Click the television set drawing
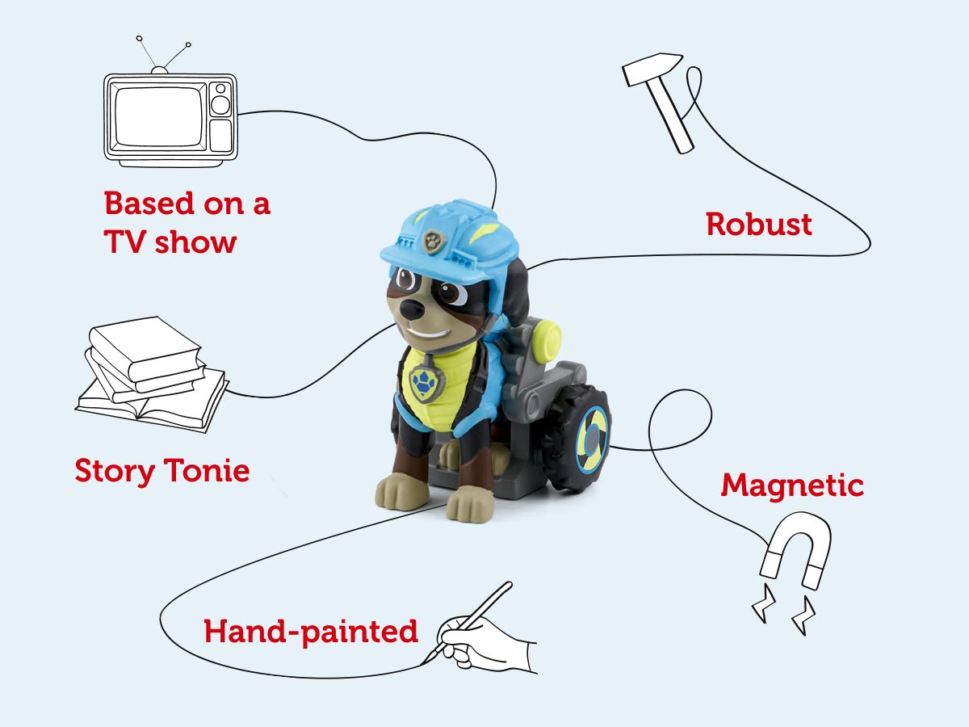click(170, 120)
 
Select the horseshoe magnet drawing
click(795, 549)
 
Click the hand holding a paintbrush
click(484, 634)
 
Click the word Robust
click(758, 224)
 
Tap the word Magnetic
click(792, 485)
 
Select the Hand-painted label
click(311, 632)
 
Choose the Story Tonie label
click(161, 470)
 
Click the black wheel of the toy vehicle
click(576, 437)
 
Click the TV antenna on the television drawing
click(161, 53)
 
